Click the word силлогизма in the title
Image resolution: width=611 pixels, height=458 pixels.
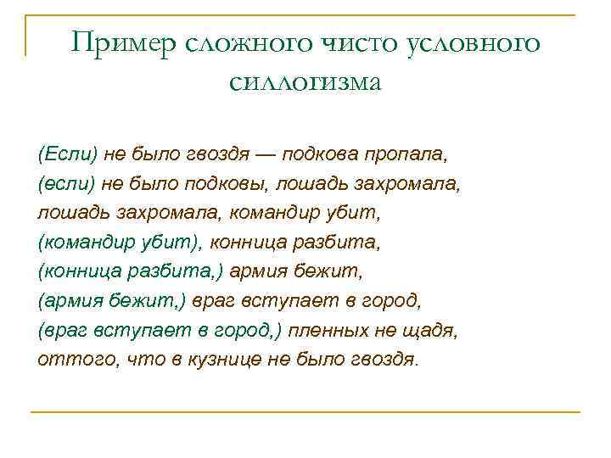click(305, 81)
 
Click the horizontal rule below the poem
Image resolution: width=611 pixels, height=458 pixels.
click(305, 412)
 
